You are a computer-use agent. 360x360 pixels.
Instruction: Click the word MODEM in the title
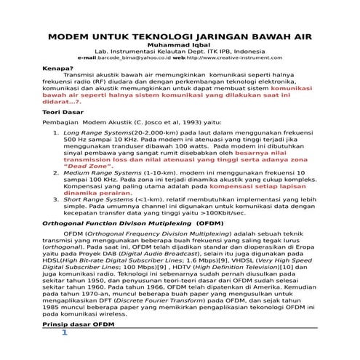(x=89, y=36)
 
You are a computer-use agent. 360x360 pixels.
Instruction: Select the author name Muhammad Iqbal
(x=180, y=45)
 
